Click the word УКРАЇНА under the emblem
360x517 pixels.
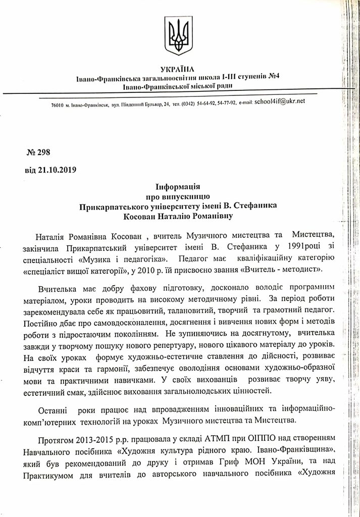[x=179, y=69]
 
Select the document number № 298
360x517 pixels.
[x=38, y=152]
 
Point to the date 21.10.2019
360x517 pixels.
[x=57, y=169]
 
